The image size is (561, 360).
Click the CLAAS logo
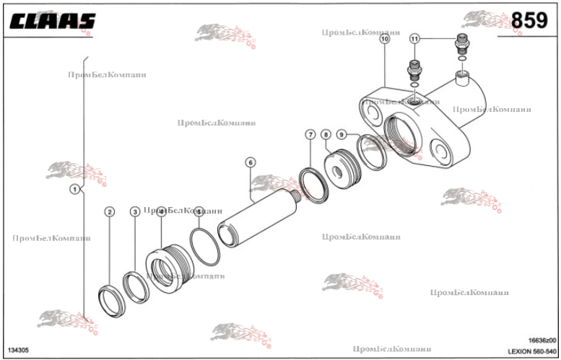click(52, 21)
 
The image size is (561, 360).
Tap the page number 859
click(529, 21)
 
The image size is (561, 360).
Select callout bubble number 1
click(74, 189)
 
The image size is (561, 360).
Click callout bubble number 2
click(110, 211)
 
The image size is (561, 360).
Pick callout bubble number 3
click(135, 211)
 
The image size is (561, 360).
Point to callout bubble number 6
click(251, 162)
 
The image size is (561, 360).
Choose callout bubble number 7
click(310, 135)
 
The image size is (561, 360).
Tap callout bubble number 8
click(326, 135)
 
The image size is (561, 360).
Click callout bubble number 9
click(342, 135)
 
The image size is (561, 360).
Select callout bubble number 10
click(384, 40)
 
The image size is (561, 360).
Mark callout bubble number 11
click(414, 38)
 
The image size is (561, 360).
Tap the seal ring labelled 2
click(111, 301)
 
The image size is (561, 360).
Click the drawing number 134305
click(19, 351)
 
